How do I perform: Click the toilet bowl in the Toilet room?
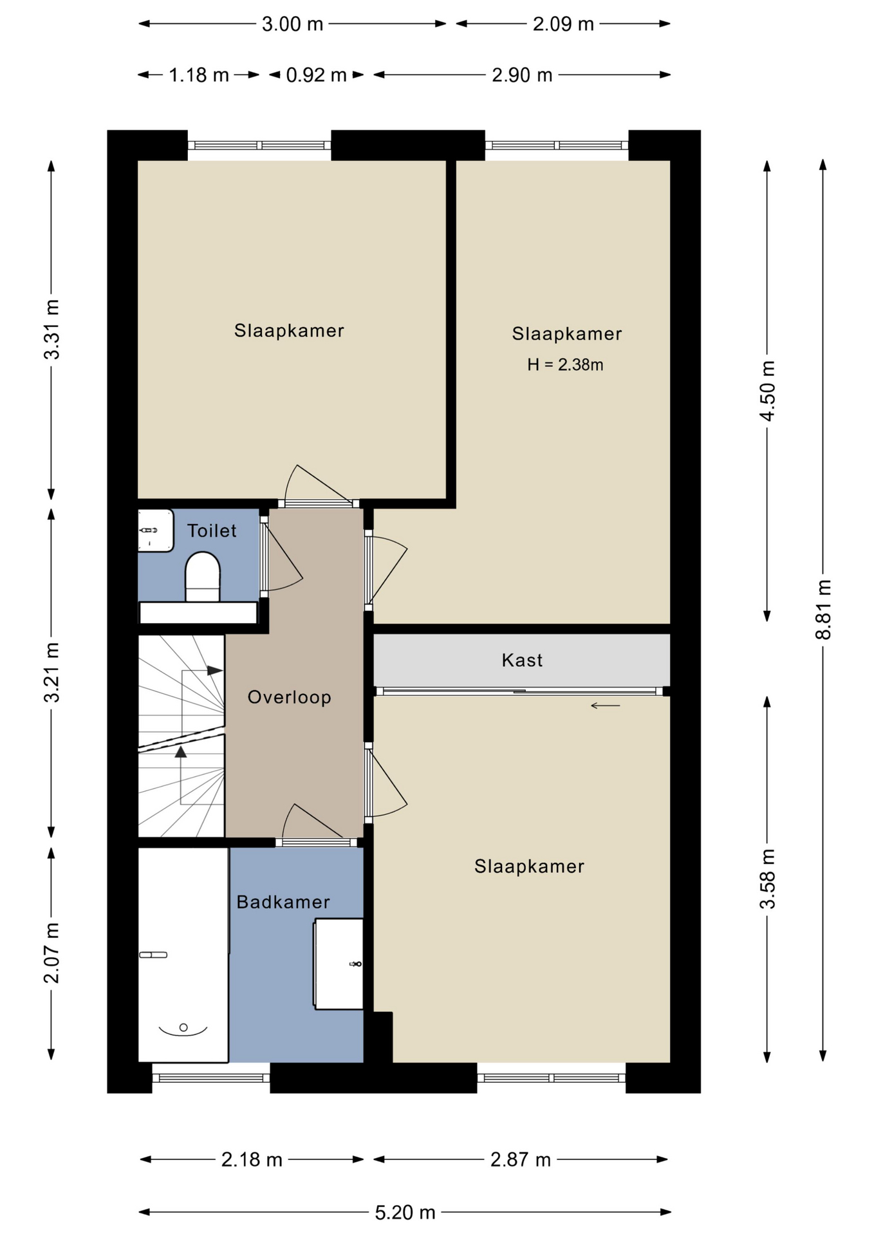coord(203,577)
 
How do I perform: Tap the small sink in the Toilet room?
coord(156,530)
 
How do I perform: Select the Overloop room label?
coord(290,697)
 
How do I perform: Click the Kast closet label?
coord(522,660)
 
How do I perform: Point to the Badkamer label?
coord(283,902)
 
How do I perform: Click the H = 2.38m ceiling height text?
coord(565,365)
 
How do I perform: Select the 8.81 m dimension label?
coord(824,609)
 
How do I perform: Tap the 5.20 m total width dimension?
coord(405,1213)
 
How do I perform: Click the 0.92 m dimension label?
coord(316,75)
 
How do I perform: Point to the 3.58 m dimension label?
coord(768,879)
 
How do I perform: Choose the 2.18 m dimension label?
coord(252,1160)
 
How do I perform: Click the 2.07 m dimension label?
coord(51,953)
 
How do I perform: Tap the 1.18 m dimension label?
coord(199,75)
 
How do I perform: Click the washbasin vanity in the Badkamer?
coord(339,964)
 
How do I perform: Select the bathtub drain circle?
coord(183,1027)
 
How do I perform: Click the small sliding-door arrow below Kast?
coord(606,706)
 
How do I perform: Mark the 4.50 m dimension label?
coord(768,391)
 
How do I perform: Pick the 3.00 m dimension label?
coord(292,24)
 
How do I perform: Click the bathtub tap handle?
coord(153,955)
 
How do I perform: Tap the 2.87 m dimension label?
coord(521,1160)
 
